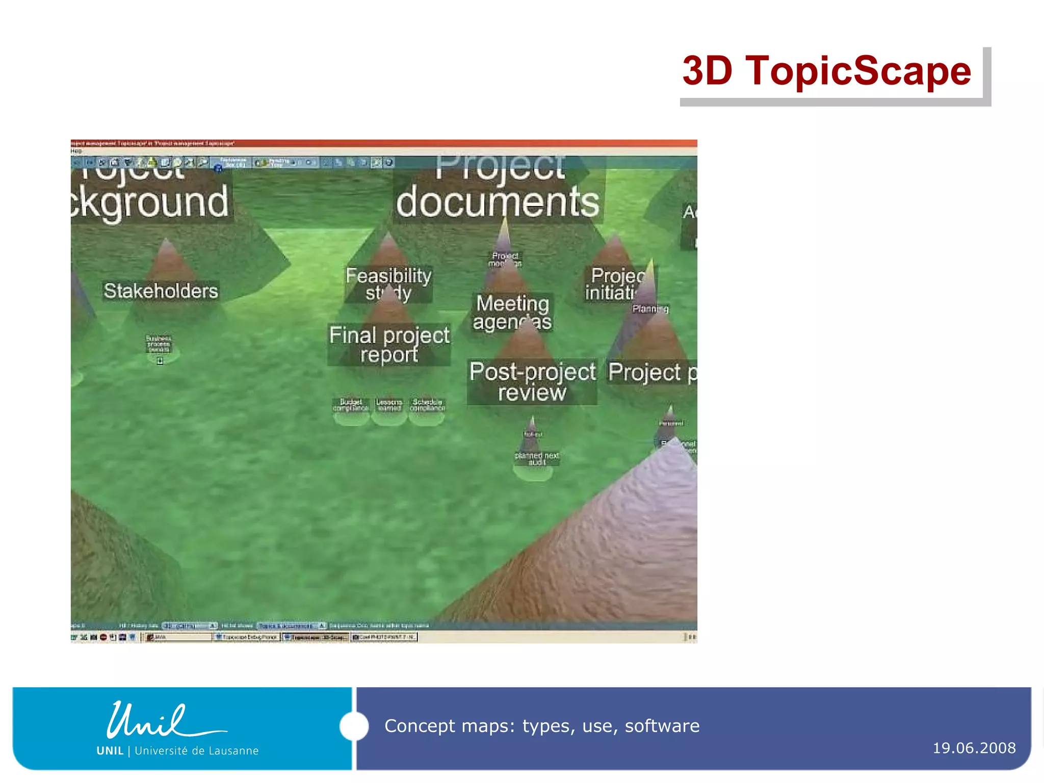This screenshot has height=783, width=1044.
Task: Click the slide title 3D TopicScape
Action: pyautogui.click(x=826, y=71)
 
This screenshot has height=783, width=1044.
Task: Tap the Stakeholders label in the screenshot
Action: pyautogui.click(x=161, y=291)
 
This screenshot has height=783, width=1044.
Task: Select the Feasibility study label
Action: pyautogui.click(x=388, y=284)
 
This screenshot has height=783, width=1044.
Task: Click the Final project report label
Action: pyautogui.click(x=389, y=345)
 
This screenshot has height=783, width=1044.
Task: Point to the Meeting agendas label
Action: pyautogui.click(x=512, y=312)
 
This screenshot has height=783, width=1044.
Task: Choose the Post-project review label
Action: pyautogui.click(x=532, y=382)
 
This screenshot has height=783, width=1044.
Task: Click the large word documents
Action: pyautogui.click(x=498, y=202)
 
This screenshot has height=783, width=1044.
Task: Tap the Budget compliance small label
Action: pyautogui.click(x=351, y=405)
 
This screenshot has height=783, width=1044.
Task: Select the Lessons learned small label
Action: pyautogui.click(x=389, y=405)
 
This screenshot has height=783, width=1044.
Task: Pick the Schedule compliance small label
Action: pyautogui.click(x=427, y=405)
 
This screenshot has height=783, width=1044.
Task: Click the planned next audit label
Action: pyautogui.click(x=537, y=458)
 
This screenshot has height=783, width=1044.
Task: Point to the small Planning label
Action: pyautogui.click(x=650, y=308)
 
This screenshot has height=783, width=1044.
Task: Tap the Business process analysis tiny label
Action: pyautogui.click(x=159, y=344)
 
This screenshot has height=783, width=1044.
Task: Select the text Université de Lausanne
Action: pyautogui.click(x=197, y=750)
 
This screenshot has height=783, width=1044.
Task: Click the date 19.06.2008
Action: pyautogui.click(x=974, y=748)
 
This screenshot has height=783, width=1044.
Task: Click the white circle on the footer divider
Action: pyautogui.click(x=354, y=726)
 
